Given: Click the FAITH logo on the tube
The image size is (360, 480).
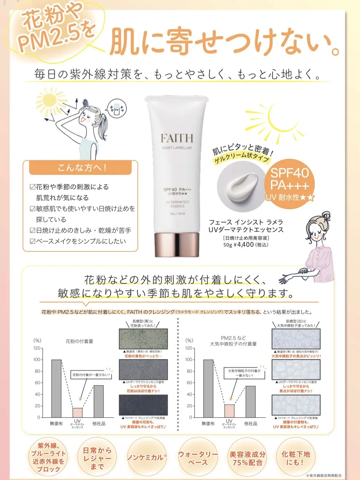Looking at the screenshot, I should point(177,138).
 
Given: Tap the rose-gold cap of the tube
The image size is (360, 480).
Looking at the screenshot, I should point(177,245).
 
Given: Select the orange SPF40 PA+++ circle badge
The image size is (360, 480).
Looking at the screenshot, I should point(289,184).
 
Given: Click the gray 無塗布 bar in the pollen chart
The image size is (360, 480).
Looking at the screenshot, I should point(56,388).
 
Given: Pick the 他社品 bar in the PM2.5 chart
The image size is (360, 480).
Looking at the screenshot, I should point(250,401).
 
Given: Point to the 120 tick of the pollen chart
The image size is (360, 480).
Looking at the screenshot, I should point(37,348).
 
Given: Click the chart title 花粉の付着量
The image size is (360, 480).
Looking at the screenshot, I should point(79,341).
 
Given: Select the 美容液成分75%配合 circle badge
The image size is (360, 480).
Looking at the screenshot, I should point(247,458).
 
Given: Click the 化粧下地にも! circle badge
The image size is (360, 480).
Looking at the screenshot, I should point(296,458).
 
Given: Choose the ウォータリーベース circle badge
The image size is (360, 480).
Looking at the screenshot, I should point(197,458).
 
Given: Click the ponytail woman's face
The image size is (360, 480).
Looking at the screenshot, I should point(87,117).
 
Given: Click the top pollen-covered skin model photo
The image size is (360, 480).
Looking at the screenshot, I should point(144,339).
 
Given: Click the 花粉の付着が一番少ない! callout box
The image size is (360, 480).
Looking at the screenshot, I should point(91,375).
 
